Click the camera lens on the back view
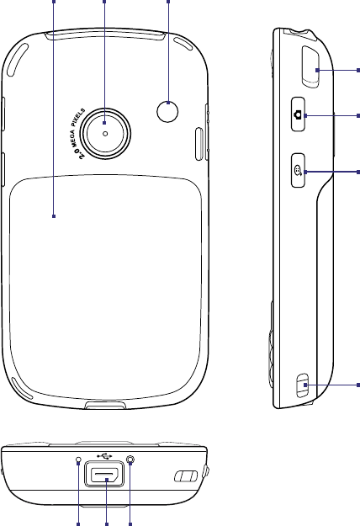[x=105, y=134]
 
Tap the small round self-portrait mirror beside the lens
[x=167, y=112]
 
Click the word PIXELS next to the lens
[x=78, y=117]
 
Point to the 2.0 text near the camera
[x=81, y=154]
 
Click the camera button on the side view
[x=298, y=114]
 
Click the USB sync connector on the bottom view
[x=104, y=474]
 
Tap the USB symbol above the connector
[x=104, y=456]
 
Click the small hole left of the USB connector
[x=78, y=460]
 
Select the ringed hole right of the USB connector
[x=130, y=460]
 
